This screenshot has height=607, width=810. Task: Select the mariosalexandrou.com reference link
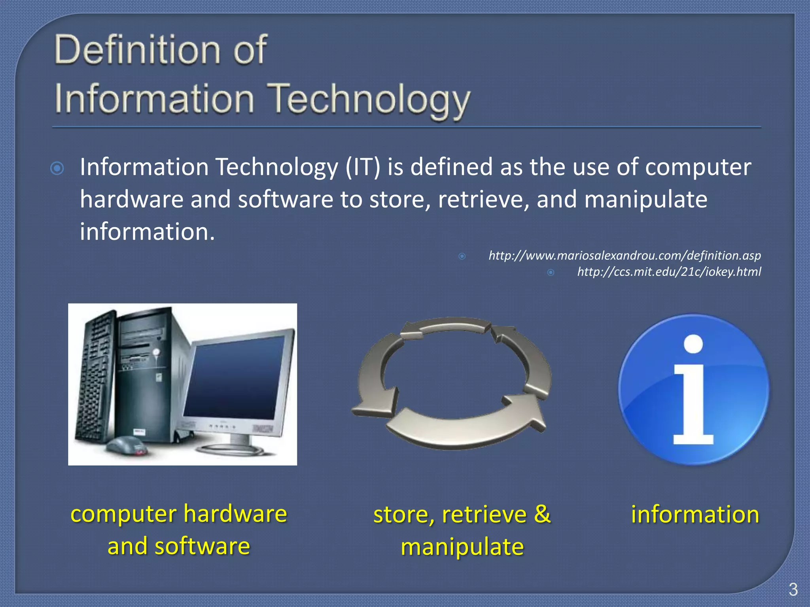pos(625,256)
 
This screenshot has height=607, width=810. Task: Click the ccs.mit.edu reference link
pos(669,272)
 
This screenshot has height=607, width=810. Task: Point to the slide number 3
pos(793,590)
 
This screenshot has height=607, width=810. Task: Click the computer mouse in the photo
pos(126,445)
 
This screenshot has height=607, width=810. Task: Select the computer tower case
pos(150,375)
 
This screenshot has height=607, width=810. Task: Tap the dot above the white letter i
pos(693,344)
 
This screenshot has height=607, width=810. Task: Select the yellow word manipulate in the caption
pos(462,547)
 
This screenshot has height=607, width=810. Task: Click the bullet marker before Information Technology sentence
pos(57,169)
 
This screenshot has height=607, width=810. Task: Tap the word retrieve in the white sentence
pos(483,199)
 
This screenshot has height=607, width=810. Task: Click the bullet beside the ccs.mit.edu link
pos(551,272)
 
